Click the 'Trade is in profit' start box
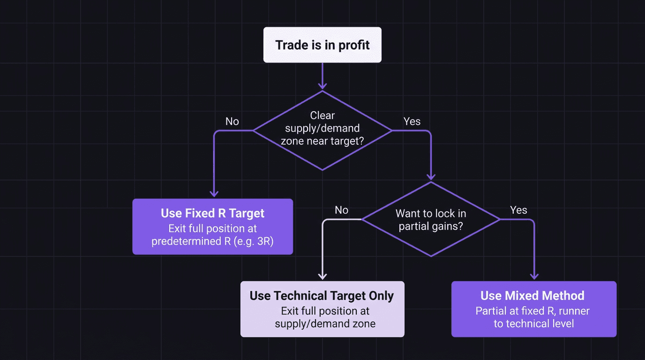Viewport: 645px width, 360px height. click(x=322, y=45)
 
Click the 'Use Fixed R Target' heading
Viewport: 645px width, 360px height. click(x=212, y=213)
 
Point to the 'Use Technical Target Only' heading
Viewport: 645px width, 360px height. click(x=322, y=296)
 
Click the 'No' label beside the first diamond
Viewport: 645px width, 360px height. click(x=232, y=121)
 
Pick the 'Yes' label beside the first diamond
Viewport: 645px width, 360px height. click(x=412, y=121)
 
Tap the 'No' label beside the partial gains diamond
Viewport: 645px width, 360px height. click(x=341, y=210)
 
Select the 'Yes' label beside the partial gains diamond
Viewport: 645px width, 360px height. click(x=518, y=210)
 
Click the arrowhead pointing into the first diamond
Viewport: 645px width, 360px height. click(x=322, y=86)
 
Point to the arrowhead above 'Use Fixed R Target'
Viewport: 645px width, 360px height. click(x=214, y=193)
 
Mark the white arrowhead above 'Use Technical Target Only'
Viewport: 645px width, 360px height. click(x=322, y=276)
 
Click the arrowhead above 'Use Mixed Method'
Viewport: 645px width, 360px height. click(x=534, y=276)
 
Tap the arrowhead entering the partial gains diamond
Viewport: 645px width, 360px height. click(x=431, y=177)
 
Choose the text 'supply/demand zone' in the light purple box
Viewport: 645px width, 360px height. click(x=325, y=323)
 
